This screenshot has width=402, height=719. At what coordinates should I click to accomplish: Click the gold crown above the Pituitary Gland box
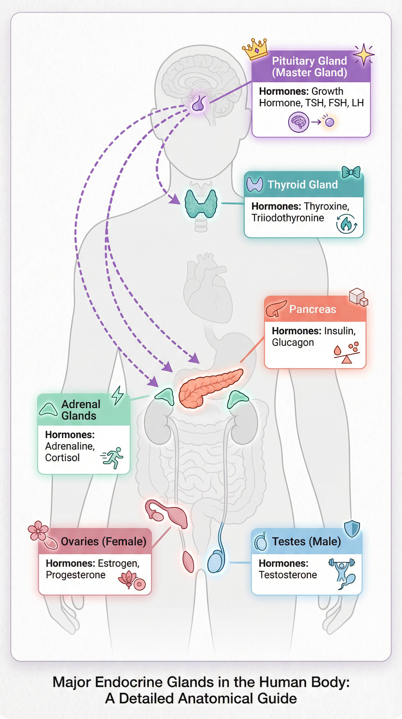point(255,49)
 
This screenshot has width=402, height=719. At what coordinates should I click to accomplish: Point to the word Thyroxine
point(326,206)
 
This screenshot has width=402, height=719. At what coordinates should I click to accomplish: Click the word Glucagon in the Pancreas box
point(293,343)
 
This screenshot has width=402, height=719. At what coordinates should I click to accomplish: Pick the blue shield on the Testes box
point(352,528)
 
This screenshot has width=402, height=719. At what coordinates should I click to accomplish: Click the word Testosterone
point(288,575)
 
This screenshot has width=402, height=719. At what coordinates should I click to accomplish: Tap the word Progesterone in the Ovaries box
point(75,575)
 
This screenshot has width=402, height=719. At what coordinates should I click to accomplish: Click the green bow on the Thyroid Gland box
point(351,172)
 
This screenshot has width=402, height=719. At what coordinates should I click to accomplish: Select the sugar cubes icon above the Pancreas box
point(358,297)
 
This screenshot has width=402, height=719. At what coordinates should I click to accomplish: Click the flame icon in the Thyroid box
point(346,224)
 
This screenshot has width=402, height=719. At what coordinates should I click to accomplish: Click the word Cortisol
point(62,458)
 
